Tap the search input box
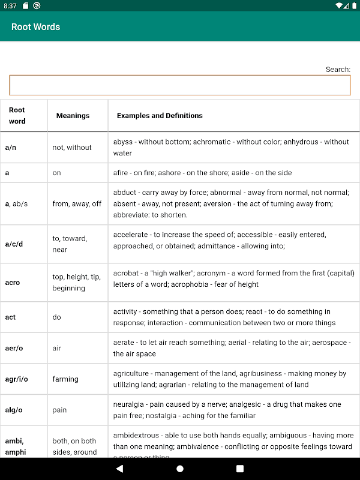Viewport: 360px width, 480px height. tap(180, 85)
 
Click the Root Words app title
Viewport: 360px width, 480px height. tap(35, 26)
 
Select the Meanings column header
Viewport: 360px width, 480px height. tap(73, 116)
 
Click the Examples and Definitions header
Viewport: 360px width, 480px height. tap(160, 116)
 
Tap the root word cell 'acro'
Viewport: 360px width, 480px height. tap(13, 283)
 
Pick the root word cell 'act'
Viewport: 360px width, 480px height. tap(10, 317)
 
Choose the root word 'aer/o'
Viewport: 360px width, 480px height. tap(14, 349)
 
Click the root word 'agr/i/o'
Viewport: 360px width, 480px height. tap(17, 379)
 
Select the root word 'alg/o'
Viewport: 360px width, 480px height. tap(14, 410)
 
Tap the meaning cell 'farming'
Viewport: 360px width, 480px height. tap(65, 379)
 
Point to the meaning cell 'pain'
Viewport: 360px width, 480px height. tap(59, 410)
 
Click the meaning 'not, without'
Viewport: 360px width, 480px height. tap(72, 148)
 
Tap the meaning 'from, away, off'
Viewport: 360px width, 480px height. tap(77, 204)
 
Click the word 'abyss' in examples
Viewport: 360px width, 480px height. tap(123, 142)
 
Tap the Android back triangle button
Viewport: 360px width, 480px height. tap(119, 469)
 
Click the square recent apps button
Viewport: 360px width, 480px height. tap(240, 469)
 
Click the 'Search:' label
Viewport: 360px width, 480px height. tap(338, 70)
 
